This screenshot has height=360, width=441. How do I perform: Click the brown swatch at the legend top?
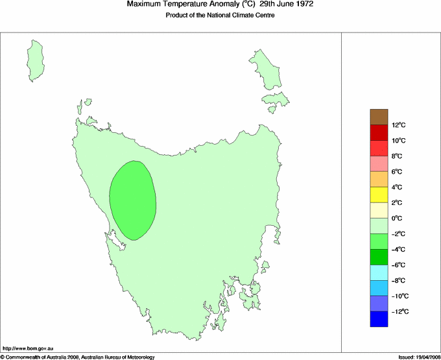click(379, 117)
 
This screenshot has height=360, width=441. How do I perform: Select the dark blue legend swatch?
click(379, 319)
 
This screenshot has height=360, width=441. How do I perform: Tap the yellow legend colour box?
click(379, 195)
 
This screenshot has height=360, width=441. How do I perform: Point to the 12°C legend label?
click(398, 125)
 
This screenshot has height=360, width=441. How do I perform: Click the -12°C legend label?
click(398, 312)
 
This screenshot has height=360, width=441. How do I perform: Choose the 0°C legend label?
click(398, 219)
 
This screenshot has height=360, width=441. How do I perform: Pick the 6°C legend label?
click(398, 172)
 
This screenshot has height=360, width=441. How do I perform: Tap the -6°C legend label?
click(398, 265)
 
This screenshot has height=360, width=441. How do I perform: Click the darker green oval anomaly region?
click(133, 200)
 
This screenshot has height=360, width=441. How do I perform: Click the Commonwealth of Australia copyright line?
click(78, 357)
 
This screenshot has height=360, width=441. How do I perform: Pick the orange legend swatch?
click(379, 179)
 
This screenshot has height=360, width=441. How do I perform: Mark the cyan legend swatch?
click(379, 272)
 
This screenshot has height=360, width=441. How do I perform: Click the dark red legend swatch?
click(379, 132)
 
